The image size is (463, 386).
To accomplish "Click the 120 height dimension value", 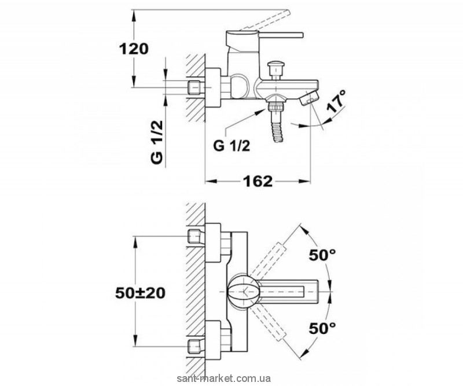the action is click(x=134, y=49).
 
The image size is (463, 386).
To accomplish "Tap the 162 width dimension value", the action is click(x=258, y=181).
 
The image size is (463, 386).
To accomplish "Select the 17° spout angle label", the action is click(x=336, y=101).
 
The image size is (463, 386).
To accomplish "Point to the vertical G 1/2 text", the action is click(x=157, y=142).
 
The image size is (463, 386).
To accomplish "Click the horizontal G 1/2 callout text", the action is click(x=232, y=146).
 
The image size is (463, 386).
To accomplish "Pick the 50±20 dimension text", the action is click(x=140, y=293).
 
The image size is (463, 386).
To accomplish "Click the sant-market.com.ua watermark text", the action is click(x=224, y=378).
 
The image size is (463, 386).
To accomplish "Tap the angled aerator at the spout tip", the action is click(x=309, y=98).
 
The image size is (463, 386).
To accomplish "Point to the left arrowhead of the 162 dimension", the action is click(x=211, y=181).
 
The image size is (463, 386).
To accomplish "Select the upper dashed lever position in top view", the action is click(x=269, y=258).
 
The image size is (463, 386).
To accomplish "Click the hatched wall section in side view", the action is click(x=195, y=88).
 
